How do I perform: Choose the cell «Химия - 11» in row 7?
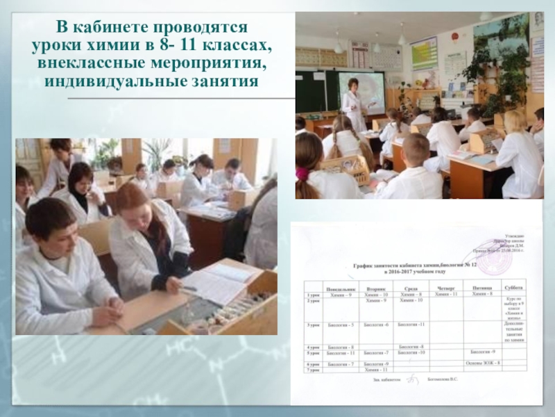point(377,370)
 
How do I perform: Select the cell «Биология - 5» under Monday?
point(341,325)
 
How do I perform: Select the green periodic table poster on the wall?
point(424,51)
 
